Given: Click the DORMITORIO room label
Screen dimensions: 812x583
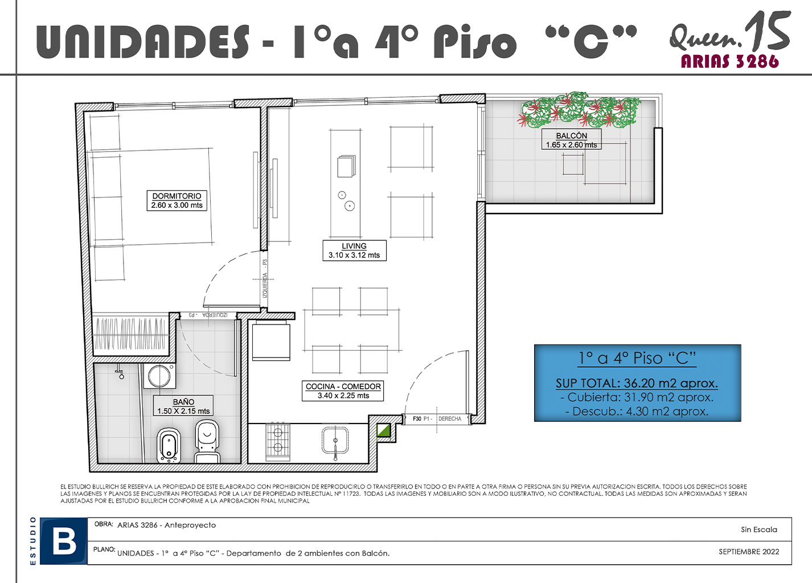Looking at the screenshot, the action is click(177, 200).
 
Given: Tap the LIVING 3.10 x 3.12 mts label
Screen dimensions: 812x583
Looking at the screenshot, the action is click(354, 251).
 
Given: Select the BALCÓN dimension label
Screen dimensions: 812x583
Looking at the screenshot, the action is click(571, 140).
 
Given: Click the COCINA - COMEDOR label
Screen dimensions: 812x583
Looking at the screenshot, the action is click(343, 391).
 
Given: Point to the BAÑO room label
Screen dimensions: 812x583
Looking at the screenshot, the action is click(183, 406).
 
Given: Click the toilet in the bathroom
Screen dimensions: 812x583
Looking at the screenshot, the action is click(207, 441).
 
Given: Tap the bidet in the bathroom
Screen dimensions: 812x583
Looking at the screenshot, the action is click(169, 446).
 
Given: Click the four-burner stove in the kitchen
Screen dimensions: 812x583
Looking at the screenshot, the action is click(278, 442).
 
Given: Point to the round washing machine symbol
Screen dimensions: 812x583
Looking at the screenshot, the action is click(159, 376).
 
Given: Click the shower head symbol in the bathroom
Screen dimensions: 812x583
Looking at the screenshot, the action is click(121, 374).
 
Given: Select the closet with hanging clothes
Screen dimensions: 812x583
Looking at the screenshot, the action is click(131, 334).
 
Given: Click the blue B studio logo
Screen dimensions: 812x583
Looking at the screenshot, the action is click(63, 541).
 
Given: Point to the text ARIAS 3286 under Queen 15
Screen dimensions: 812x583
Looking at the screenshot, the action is click(729, 61).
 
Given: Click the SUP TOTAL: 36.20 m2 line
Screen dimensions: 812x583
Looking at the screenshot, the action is click(637, 383).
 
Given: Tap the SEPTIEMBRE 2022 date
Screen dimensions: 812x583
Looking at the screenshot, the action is click(749, 552).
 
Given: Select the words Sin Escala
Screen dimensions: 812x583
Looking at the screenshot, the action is click(759, 529).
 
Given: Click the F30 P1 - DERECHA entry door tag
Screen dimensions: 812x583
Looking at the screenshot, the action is click(437, 418).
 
